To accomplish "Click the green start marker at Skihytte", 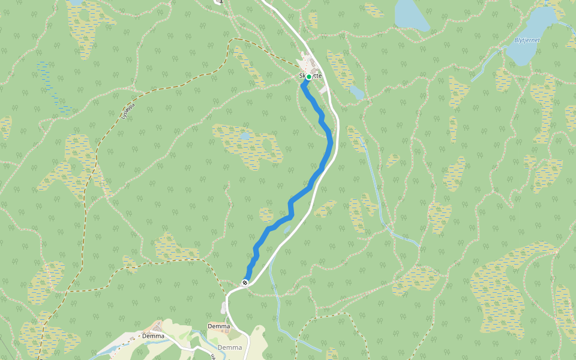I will [309, 77].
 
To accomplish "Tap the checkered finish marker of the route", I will [245, 283].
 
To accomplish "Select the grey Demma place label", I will [230, 347].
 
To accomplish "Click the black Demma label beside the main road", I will [218, 326].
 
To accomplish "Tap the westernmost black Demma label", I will [154, 336].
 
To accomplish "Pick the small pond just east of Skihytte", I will [356, 92].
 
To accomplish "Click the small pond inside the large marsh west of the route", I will [245, 137].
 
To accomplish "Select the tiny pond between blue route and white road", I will [287, 229].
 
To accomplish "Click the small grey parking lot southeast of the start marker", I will [324, 89].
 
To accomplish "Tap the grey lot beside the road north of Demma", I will [224, 308].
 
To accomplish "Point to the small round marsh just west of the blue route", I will [266, 214].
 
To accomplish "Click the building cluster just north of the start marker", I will [309, 63].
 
